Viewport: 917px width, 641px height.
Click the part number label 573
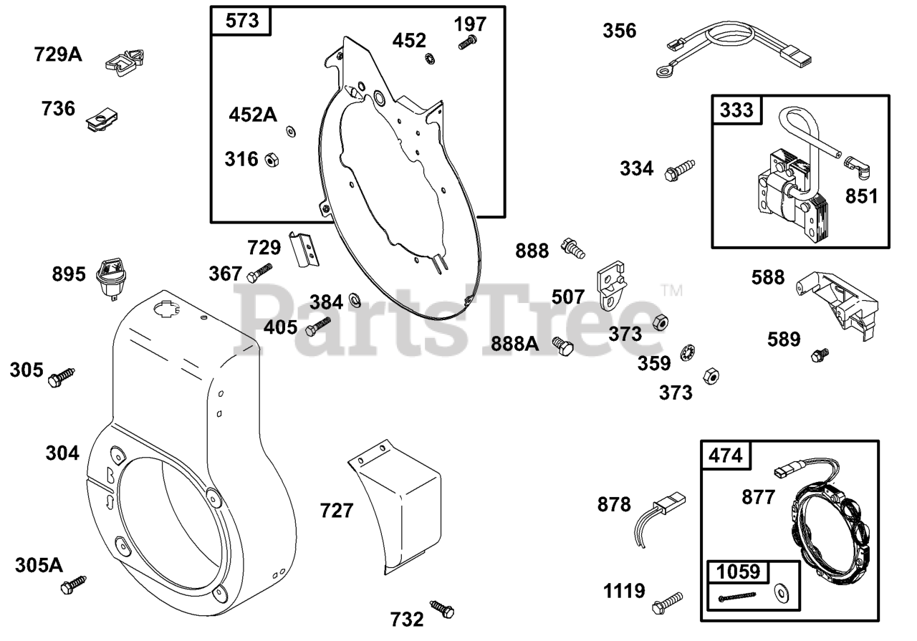tap(242, 21)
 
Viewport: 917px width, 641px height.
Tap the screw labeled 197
tap(468, 42)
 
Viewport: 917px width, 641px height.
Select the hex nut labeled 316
tap(272, 159)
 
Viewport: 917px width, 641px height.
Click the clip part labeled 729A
tap(125, 62)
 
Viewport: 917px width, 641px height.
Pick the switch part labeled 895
tap(110, 279)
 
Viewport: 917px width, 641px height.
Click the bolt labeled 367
tap(259, 273)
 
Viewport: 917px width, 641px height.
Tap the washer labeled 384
tap(355, 300)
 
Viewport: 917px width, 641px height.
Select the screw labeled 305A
tap(74, 585)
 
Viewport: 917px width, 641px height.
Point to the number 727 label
tap(337, 511)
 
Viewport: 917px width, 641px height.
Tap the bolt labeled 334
tap(680, 170)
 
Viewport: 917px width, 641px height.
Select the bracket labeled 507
tap(611, 285)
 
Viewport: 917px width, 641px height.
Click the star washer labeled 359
tap(687, 353)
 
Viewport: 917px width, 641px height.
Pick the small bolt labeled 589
tap(820, 355)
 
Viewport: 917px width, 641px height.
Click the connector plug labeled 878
tap(658, 519)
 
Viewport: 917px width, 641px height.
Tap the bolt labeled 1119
tap(667, 603)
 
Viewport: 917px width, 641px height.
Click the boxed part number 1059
tap(739, 572)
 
